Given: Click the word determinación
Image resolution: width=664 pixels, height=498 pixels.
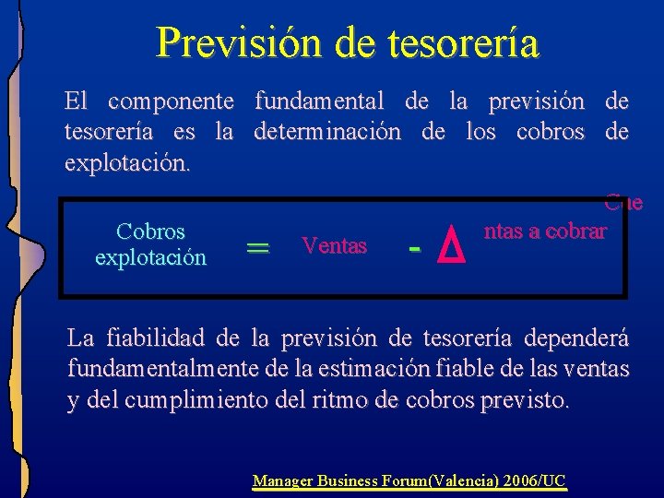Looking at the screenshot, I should [327, 132].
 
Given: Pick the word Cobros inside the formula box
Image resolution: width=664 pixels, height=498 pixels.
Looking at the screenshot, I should [150, 231].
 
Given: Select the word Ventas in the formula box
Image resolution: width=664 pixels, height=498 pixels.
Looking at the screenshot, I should [334, 246].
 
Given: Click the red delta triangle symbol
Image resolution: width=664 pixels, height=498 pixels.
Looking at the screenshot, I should [449, 245].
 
